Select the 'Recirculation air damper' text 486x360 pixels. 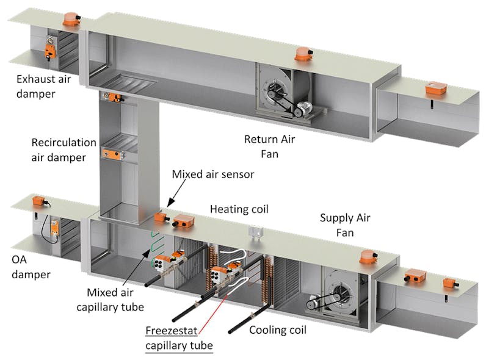[64, 149]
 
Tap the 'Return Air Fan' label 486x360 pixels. [269, 146]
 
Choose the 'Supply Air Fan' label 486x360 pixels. [345, 224]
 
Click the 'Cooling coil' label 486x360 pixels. [278, 330]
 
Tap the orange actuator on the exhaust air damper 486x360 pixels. [50, 52]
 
